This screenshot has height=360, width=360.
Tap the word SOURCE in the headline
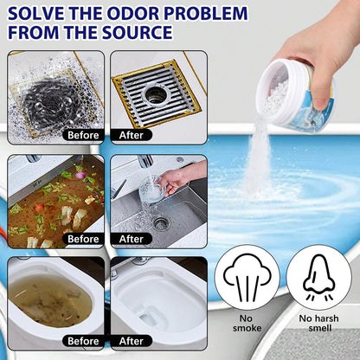(x=138, y=32)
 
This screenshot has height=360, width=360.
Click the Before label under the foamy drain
(x=83, y=135)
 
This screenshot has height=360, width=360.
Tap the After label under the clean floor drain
(x=132, y=135)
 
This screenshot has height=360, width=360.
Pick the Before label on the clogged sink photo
(x=83, y=239)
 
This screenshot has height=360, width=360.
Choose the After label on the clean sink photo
(x=132, y=239)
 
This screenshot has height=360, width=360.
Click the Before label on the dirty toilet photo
(x=83, y=341)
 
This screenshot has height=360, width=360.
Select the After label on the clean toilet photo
(x=132, y=341)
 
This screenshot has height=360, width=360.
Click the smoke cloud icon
(x=247, y=277)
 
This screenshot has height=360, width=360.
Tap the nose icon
(x=319, y=277)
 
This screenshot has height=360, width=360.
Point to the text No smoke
(x=247, y=323)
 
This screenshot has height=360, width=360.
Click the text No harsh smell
(x=319, y=323)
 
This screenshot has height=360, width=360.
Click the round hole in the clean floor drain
(x=156, y=94)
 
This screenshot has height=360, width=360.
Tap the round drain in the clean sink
(x=161, y=222)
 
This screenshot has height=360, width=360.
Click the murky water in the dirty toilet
(x=50, y=301)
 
